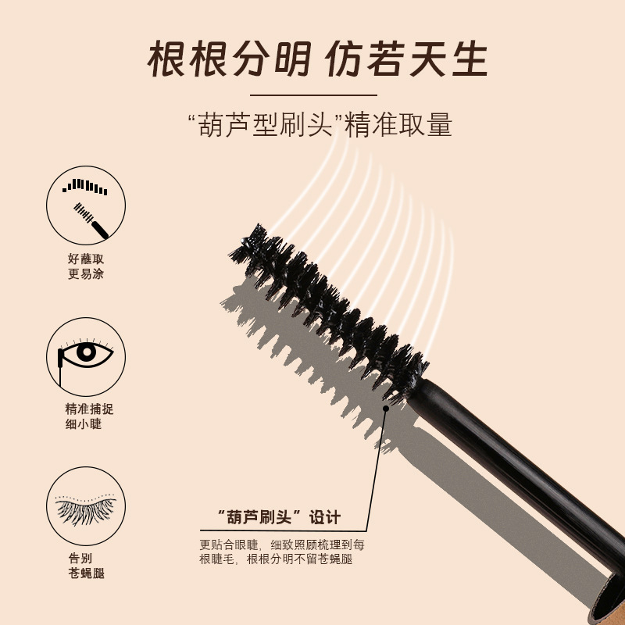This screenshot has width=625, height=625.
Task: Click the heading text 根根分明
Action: point(229,59)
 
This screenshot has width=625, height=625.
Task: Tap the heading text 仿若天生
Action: point(406,59)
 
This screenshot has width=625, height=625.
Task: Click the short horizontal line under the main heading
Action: point(313,95)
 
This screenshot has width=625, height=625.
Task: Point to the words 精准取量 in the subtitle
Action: point(398,124)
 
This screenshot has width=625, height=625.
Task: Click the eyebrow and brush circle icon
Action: point(86,205)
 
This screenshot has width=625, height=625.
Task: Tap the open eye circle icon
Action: point(86,357)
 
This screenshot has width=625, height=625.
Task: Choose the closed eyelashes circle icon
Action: point(86,506)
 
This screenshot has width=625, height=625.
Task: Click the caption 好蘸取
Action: point(86,259)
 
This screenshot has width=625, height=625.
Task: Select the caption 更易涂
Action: point(86,274)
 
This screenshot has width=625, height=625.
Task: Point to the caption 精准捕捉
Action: point(89,409)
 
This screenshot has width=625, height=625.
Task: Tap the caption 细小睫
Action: point(84,423)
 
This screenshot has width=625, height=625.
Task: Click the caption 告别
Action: point(80,558)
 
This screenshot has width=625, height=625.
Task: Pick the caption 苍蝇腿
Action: point(86,573)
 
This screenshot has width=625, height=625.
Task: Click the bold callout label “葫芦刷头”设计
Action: point(280,517)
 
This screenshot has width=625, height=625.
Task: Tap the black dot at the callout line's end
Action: point(385,409)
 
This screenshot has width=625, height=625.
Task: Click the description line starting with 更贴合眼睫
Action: point(282,545)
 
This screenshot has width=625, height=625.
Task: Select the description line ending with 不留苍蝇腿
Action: point(276,559)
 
